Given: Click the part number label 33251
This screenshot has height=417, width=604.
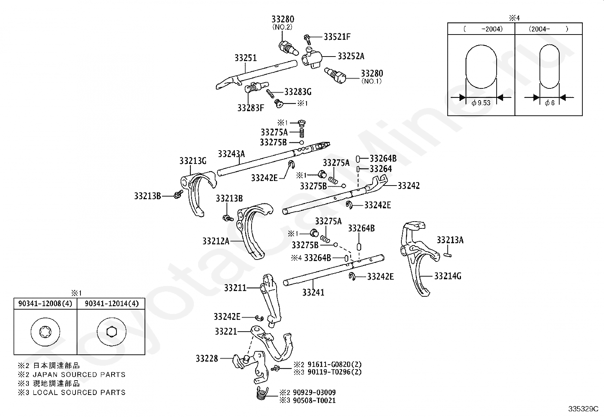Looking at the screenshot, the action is point(245,58).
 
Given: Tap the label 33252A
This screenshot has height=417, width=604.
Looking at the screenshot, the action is point(351,56).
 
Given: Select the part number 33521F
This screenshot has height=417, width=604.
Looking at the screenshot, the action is point(337,37).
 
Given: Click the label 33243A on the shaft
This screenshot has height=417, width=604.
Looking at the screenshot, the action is point(231,154).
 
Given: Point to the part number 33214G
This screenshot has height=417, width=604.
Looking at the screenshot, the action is point(448,276).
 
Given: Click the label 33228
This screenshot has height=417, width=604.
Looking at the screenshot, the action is point(207,359).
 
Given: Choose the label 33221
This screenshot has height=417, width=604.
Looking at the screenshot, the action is point(226,331).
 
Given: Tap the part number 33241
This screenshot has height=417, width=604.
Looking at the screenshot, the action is point(313,293).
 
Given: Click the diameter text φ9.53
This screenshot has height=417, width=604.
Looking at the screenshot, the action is point(481,103).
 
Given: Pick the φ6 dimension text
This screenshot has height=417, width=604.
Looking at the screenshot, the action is point(549,103).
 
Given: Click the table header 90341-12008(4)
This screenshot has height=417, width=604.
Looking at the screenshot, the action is point(45,304).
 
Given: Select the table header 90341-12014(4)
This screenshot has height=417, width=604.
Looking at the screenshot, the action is point(112,304).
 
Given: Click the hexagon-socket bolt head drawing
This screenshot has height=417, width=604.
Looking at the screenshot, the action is point(112,332).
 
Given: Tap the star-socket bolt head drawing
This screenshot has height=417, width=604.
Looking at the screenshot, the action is point(45,332).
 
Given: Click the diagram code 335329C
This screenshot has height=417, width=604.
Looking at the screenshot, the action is point(583,409).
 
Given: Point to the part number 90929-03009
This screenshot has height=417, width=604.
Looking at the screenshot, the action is point(315,392).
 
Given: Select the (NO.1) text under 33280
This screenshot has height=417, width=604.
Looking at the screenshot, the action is point(371,81).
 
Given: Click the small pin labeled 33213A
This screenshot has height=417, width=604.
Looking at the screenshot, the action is point(447,255).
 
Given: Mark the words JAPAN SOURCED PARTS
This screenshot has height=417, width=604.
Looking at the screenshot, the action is point(79,375).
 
